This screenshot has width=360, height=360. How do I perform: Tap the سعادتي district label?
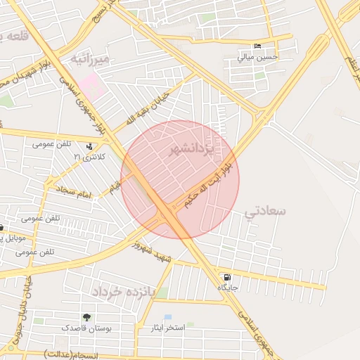[x=266, y=211]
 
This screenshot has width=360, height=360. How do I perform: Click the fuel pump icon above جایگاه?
[x=226, y=277]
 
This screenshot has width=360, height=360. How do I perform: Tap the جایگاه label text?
[x=226, y=288]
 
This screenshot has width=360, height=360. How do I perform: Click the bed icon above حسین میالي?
[x=257, y=46]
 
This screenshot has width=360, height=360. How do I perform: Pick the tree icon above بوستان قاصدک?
[x=86, y=318]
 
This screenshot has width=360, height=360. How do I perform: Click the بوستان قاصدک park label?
[x=85, y=328]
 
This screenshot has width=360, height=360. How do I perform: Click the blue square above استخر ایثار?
[x=167, y=318]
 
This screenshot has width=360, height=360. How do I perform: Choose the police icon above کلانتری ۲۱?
[x=90, y=147]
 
